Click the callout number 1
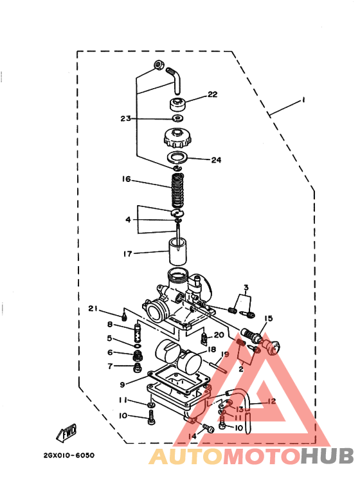[x=300, y=101]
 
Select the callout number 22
[x=212, y=95]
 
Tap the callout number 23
[x=125, y=118]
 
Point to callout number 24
[x=215, y=160]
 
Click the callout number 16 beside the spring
[x=126, y=180]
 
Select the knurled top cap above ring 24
[x=177, y=138]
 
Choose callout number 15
[x=268, y=318]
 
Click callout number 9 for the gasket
[x=122, y=385]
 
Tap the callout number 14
[x=192, y=437]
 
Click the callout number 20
[x=219, y=335]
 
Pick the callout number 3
[x=246, y=287]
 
